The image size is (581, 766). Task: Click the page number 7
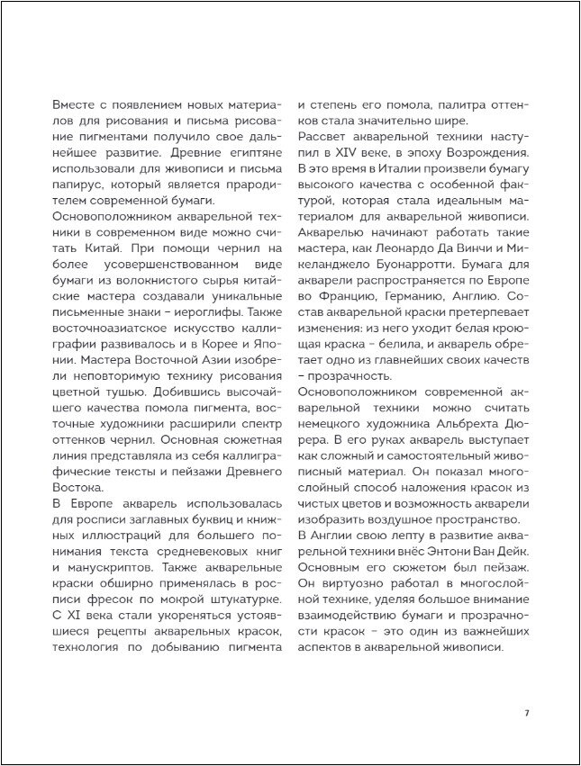coord(527,713)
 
